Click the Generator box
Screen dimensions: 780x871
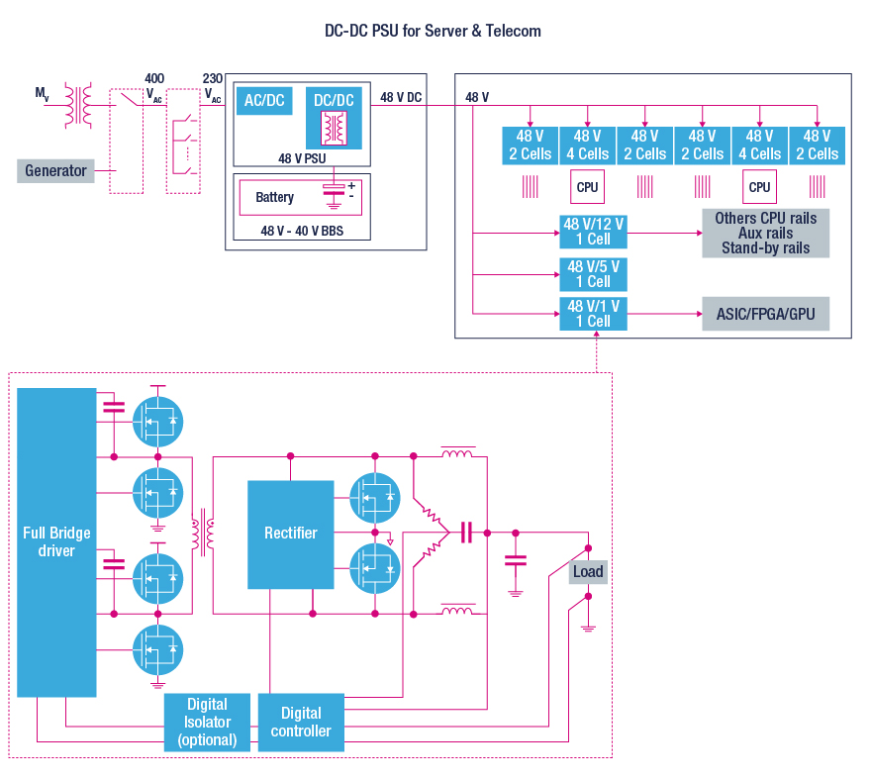point(55,170)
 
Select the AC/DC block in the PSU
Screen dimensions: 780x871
point(264,101)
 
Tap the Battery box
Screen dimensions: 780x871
point(274,197)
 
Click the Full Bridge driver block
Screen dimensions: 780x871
point(56,541)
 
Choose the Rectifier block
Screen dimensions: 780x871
point(291,533)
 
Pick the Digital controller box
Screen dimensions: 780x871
point(301,722)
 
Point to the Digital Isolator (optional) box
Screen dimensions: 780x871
point(207,722)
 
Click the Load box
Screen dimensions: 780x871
point(588,571)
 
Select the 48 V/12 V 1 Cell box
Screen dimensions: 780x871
point(594,232)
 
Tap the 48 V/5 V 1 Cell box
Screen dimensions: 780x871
point(594,274)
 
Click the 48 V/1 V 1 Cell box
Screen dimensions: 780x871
point(594,314)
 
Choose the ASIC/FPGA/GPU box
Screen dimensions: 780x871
point(765,314)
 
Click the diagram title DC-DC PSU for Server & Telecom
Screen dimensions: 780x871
point(434,31)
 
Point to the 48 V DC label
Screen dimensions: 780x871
point(401,97)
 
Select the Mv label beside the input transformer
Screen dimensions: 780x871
point(42,93)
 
